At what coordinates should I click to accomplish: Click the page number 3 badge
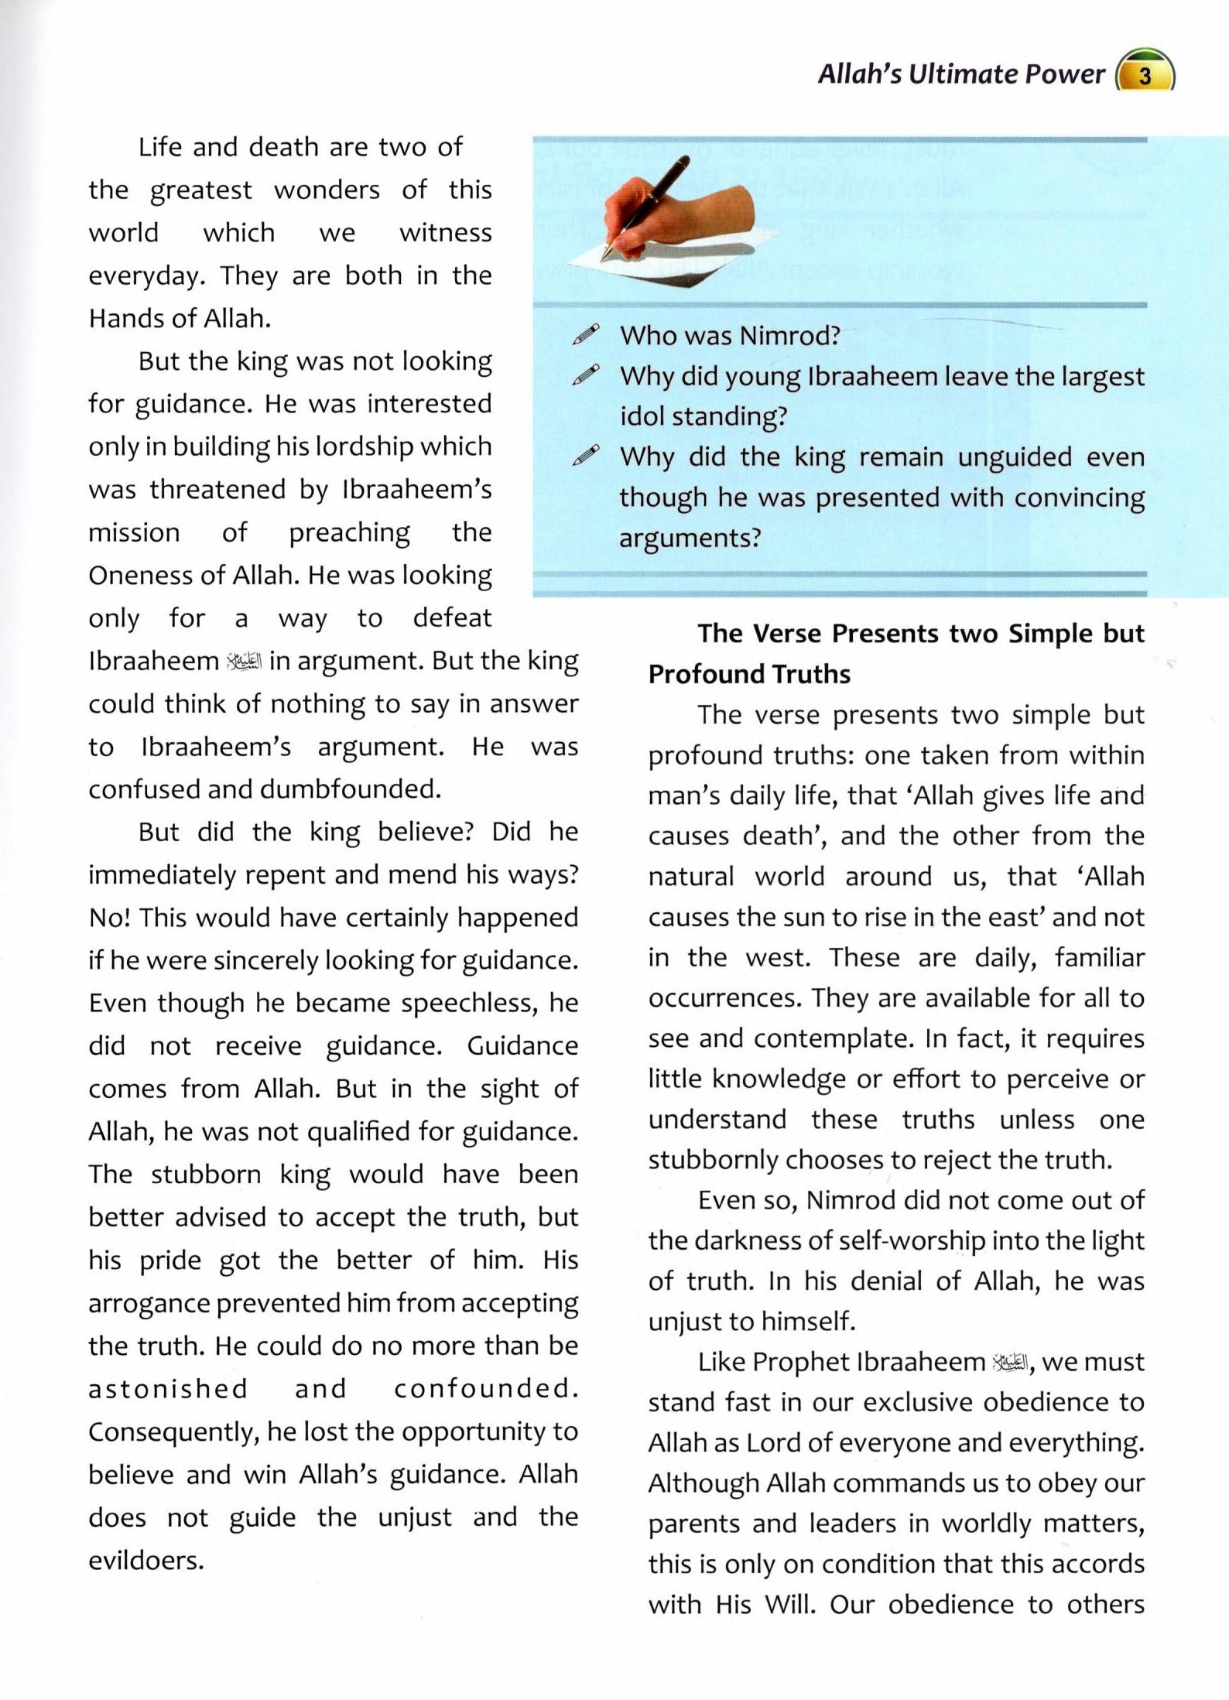pos(1145,75)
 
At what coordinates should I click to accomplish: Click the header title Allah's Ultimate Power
pos(960,74)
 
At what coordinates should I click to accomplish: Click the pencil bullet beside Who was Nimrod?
pos(585,334)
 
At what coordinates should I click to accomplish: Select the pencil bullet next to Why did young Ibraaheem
pos(585,375)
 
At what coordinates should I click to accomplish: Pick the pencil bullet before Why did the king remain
pos(585,456)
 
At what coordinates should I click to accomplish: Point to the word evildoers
pos(145,1560)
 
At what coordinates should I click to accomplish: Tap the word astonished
pos(168,1389)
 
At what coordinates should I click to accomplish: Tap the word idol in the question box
pos(642,416)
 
